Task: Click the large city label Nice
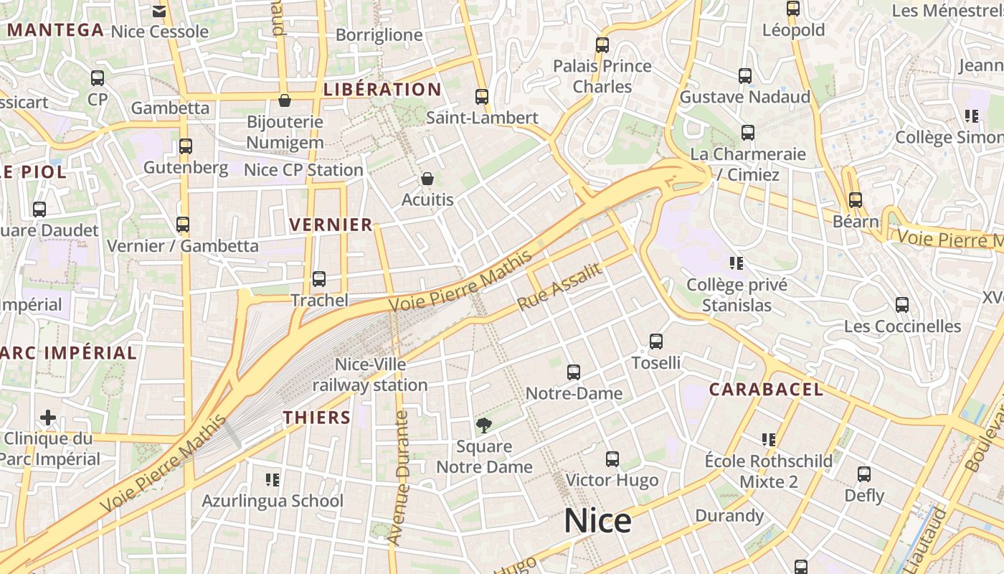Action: tap(597, 521)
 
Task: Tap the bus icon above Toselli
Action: tap(656, 342)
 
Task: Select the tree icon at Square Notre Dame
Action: tap(484, 425)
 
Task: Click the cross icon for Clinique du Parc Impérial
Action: tap(48, 418)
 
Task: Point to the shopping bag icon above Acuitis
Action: tap(427, 179)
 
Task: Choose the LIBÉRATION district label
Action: tap(382, 90)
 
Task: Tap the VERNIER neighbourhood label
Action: tap(331, 225)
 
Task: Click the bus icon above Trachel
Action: tap(319, 279)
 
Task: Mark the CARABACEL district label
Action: tap(766, 390)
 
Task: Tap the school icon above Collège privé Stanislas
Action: tap(736, 263)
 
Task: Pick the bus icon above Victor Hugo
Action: tap(612, 459)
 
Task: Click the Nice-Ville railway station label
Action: tap(370, 375)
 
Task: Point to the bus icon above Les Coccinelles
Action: tap(902, 305)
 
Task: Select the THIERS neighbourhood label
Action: tap(316, 418)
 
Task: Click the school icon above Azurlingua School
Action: tap(272, 479)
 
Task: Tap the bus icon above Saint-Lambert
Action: tap(482, 96)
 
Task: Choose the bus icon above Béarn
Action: tap(855, 200)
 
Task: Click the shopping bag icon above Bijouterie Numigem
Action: tap(285, 100)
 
